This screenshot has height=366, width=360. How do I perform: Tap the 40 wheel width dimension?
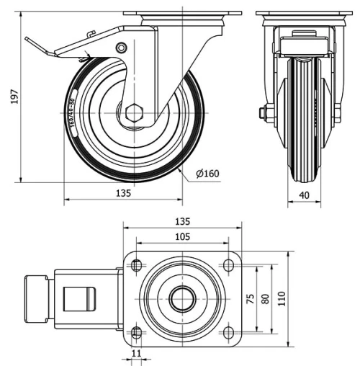coord(304,194)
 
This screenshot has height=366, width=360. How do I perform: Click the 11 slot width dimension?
coord(136,354)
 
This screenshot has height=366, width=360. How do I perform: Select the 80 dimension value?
coord(266,299)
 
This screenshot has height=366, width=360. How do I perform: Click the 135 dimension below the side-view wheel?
coord(123,193)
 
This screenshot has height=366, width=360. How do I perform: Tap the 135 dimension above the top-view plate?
coord(183,221)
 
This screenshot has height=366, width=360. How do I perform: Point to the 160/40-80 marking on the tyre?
coord(74,112)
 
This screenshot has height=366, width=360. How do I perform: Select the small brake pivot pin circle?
coord(121,48)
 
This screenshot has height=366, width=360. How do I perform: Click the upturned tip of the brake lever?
coord(27,42)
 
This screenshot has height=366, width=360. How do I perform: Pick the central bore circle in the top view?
coord(183,299)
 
